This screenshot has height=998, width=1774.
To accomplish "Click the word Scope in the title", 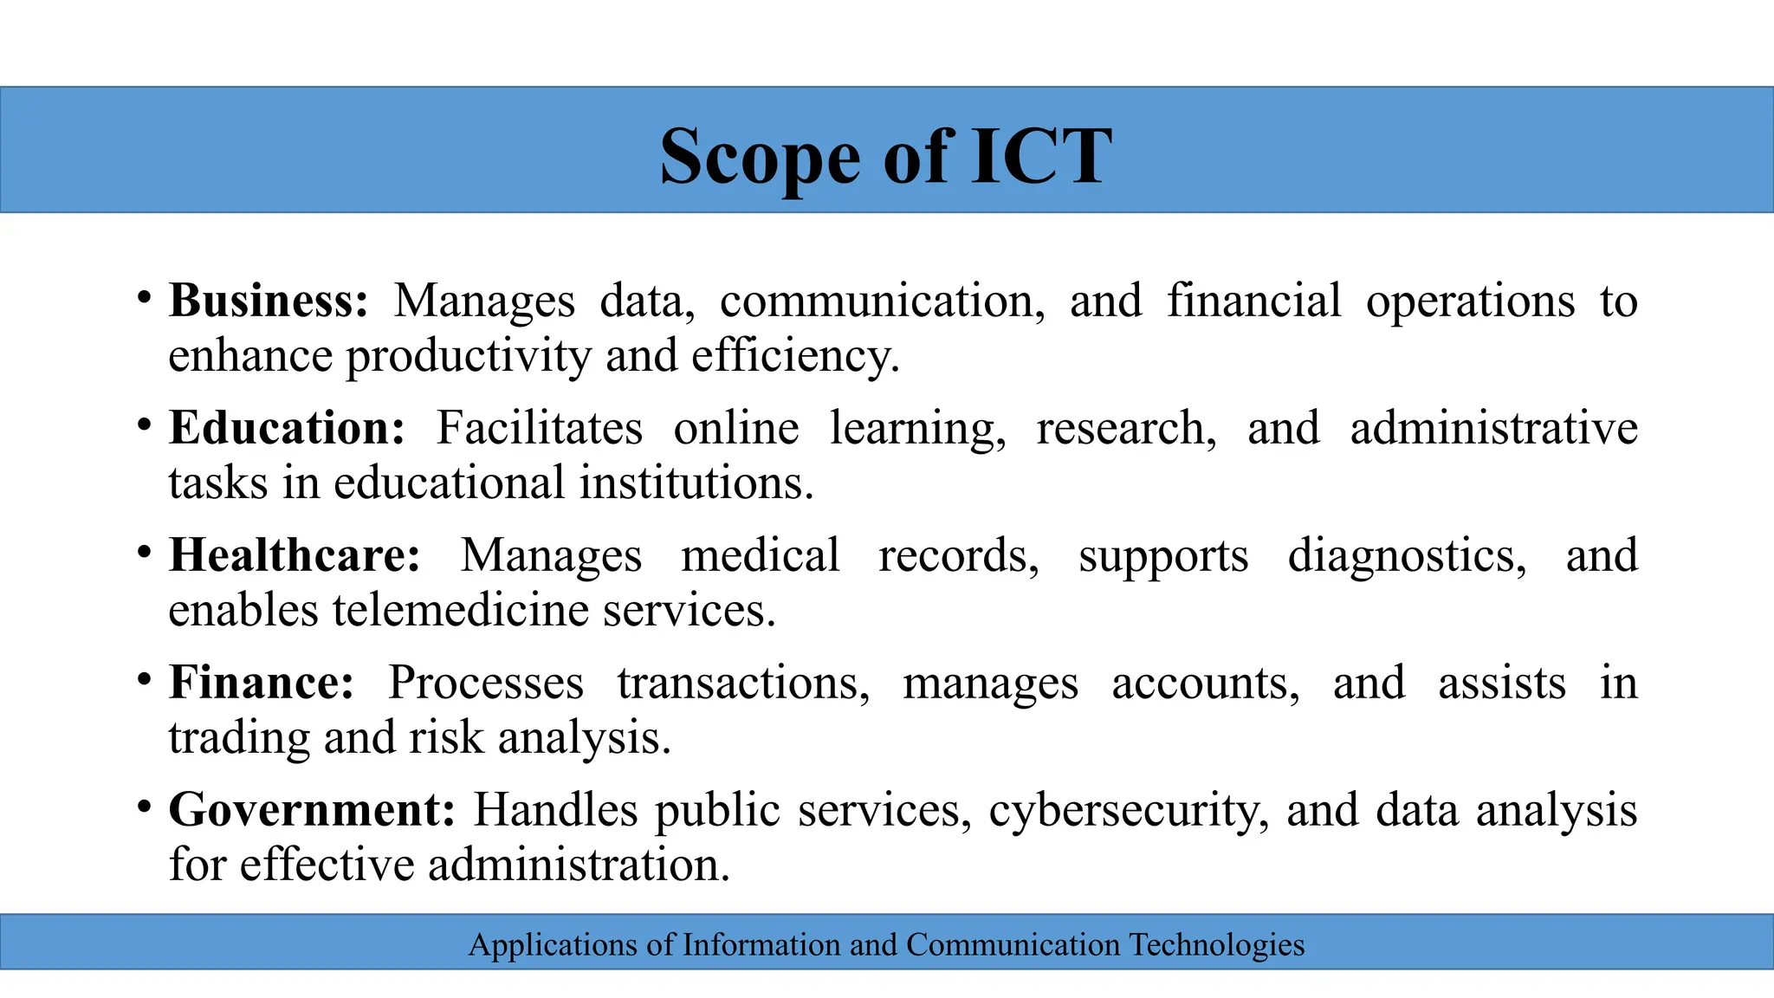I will click(x=759, y=157).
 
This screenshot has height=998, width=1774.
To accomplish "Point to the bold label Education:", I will click(x=287, y=428).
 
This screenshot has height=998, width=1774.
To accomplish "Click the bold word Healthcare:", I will click(x=295, y=555).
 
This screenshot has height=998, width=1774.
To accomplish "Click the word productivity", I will click(x=469, y=356).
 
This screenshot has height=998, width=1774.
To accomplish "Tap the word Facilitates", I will click(x=539, y=428).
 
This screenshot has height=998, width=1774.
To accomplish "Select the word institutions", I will click(x=696, y=483).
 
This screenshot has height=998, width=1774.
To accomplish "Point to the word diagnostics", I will click(x=1407, y=555).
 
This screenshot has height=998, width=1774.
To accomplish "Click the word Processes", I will click(x=485, y=683).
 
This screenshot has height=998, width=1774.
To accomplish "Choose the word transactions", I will click(x=743, y=683).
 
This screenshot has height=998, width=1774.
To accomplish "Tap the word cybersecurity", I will click(x=1129, y=811).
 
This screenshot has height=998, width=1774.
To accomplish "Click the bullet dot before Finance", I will click(x=145, y=677).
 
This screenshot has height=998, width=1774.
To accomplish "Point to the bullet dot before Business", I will click(x=145, y=296).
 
